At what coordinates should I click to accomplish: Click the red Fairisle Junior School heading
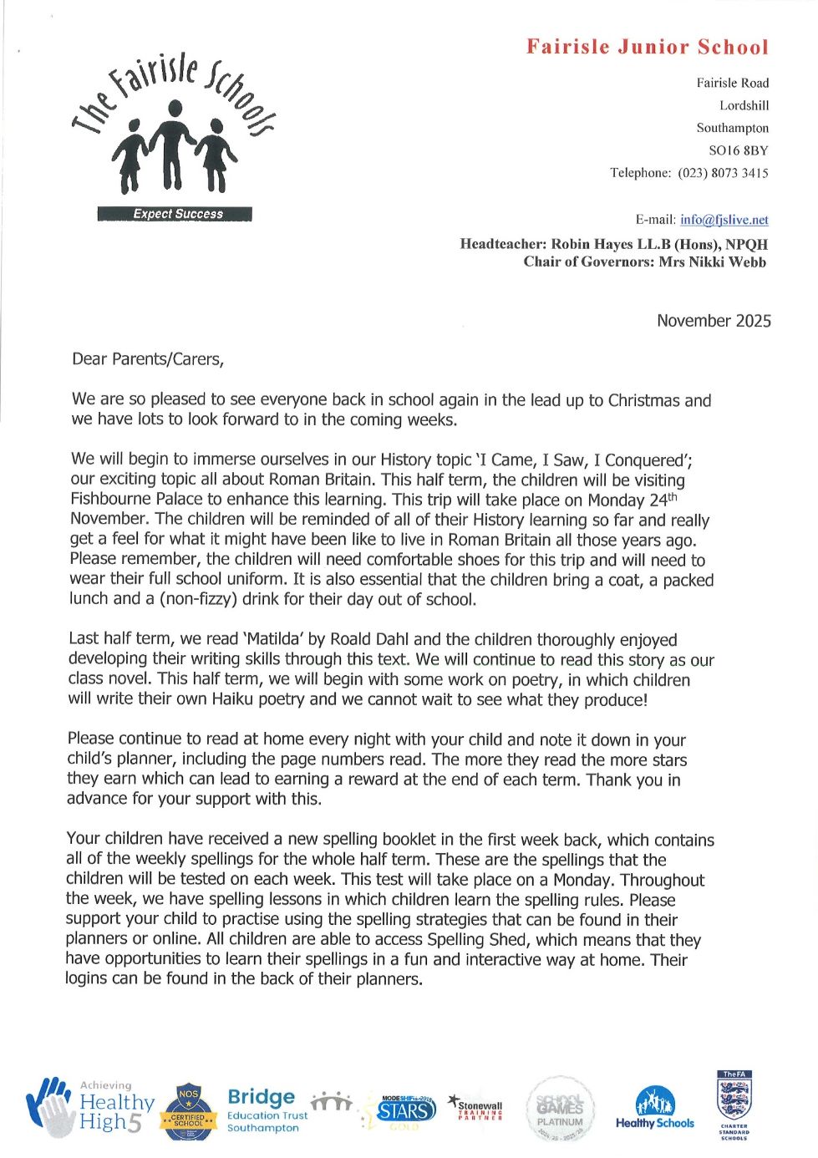click(647, 47)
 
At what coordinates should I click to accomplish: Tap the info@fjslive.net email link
click(724, 220)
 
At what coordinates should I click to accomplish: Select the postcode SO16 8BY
click(738, 150)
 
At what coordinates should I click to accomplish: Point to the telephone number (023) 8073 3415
click(723, 173)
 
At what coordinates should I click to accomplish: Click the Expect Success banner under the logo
click(175, 214)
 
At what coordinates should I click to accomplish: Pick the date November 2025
click(714, 321)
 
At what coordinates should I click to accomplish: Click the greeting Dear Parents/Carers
click(148, 359)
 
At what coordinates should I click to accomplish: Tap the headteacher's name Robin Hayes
click(592, 244)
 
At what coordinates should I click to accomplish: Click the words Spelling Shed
click(476, 939)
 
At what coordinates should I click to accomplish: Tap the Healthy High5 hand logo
click(90, 1108)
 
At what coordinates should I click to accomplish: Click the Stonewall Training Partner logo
click(476, 1108)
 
